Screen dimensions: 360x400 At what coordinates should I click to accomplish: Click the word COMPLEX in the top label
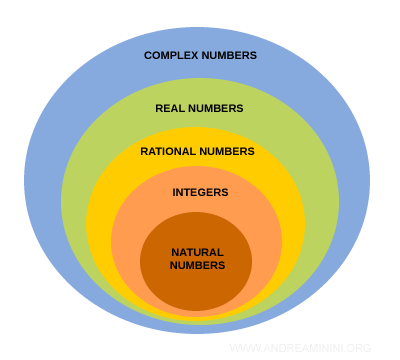[x=171, y=55]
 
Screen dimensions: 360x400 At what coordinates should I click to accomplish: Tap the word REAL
[x=171, y=107]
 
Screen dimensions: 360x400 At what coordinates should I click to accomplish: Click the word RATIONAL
[x=168, y=152]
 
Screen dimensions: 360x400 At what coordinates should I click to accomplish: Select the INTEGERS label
[x=200, y=191]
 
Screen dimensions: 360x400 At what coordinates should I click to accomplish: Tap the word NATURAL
[x=197, y=252]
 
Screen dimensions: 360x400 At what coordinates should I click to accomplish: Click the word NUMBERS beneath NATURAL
[x=197, y=265]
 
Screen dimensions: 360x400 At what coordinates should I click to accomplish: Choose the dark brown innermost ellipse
[x=196, y=285]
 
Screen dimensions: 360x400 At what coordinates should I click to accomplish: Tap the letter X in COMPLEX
[x=194, y=55]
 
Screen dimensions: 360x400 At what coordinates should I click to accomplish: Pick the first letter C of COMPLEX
[x=148, y=55]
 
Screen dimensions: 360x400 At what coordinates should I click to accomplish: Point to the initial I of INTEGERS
[x=174, y=191]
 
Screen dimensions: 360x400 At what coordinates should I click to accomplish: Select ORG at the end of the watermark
[x=359, y=349]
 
